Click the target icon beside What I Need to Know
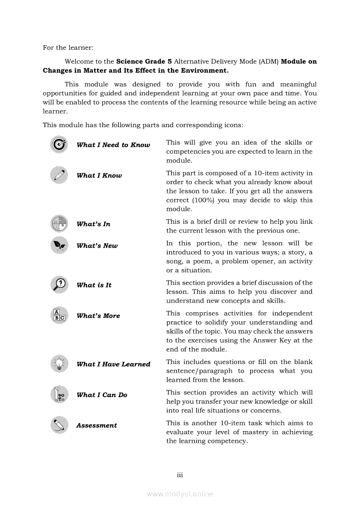[59, 145]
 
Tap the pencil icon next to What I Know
[59, 175]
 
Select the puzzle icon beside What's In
[59, 224]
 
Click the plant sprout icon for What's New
[59, 245]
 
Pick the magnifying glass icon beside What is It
[59, 285]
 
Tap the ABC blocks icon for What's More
[59, 315]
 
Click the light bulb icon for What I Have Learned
[59, 364]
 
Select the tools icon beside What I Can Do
[59, 394]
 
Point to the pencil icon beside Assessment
[59, 425]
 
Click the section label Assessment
[96, 425]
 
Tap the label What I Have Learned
[113, 364]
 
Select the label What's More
[98, 316]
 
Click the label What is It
[94, 285]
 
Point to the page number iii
[180, 475]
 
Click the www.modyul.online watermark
[180, 494]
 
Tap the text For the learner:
[68, 47]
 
